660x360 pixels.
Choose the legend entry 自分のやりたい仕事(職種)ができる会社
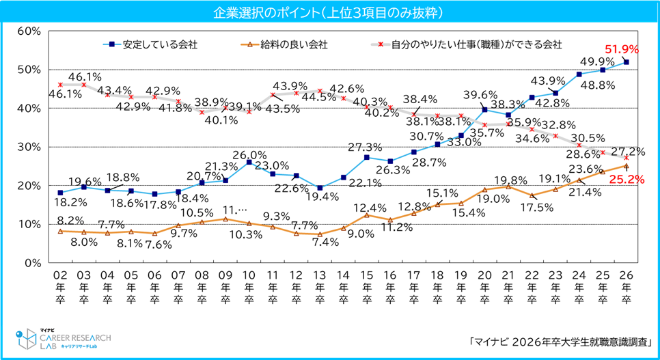tap(472, 45)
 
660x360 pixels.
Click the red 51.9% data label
tap(622, 49)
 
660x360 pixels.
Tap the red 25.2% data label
tap(622, 181)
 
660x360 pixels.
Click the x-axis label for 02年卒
tap(60, 287)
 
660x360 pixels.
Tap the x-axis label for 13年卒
tap(320, 287)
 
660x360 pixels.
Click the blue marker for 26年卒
tap(627, 62)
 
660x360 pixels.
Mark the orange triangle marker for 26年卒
tap(627, 165)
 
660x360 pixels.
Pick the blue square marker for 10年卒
tap(249, 163)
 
